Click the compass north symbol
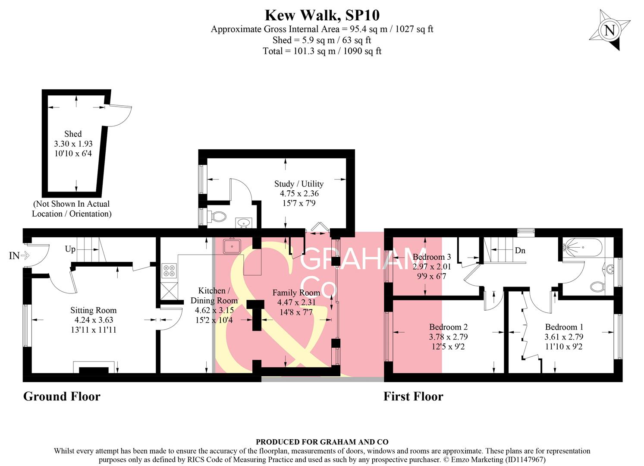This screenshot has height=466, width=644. pyautogui.click(x=609, y=31)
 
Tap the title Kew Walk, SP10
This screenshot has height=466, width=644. pyautogui.click(x=322, y=15)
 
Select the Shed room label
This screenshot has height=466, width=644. pyautogui.click(x=73, y=134)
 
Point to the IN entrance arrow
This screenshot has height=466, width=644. pyautogui.click(x=19, y=256)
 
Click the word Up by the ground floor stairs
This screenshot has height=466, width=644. pyautogui.click(x=70, y=249)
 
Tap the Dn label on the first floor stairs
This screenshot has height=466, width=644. pyautogui.click(x=520, y=250)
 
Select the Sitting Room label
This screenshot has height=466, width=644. pyautogui.click(x=93, y=310)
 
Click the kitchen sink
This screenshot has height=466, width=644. pyautogui.click(x=232, y=246)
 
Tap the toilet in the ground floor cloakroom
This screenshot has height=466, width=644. pyautogui.click(x=217, y=216)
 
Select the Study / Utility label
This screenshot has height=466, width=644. pyautogui.click(x=298, y=184)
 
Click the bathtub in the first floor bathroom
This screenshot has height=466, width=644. pyautogui.click(x=582, y=248)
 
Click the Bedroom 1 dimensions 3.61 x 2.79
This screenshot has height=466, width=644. pyautogui.click(x=563, y=337)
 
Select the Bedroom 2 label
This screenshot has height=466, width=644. pyautogui.click(x=448, y=327)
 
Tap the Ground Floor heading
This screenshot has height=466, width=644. pyautogui.click(x=62, y=396)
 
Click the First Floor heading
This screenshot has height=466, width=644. pyautogui.click(x=413, y=396)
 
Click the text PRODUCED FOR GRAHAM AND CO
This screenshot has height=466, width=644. pyautogui.click(x=322, y=442)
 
